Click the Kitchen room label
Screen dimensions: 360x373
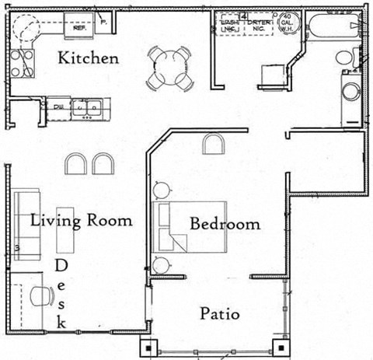pyautogui.click(x=89, y=58)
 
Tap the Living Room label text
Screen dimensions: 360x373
pyautogui.click(x=81, y=220)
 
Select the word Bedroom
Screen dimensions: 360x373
pyautogui.click(x=225, y=224)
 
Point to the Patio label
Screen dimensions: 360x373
pyautogui.click(x=219, y=314)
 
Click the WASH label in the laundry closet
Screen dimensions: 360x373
pyautogui.click(x=228, y=23)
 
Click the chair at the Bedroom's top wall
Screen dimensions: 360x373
pyautogui.click(x=214, y=143)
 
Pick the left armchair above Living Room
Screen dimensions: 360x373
pyautogui.click(x=76, y=163)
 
